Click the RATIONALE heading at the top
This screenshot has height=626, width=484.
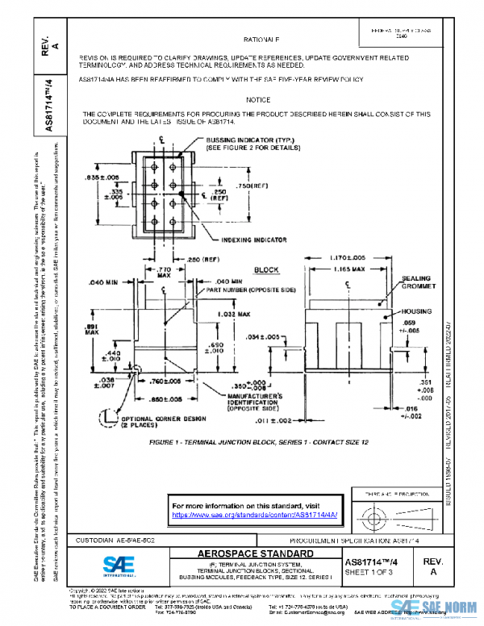261,39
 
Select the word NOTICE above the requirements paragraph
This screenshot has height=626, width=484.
258,99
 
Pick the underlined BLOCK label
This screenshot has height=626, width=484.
265,270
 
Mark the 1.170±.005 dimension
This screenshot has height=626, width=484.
349,257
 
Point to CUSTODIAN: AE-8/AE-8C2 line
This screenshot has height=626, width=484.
117,538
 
